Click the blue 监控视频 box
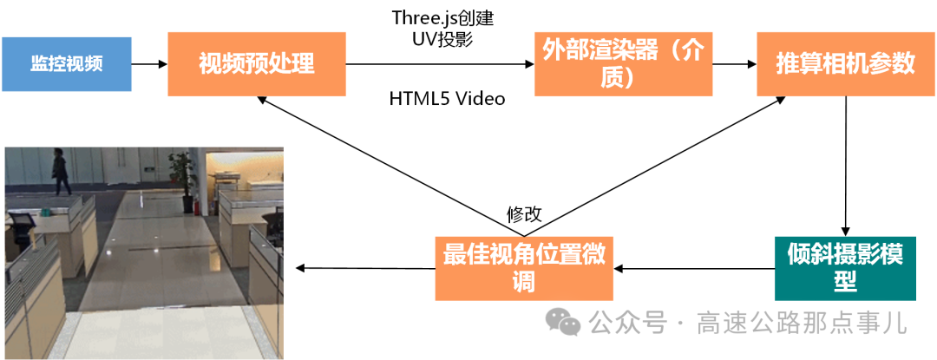coord(67,64)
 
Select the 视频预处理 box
coord(257,64)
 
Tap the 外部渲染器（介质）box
coord(623,64)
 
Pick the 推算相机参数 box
coord(844,64)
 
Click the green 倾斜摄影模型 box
coord(845,268)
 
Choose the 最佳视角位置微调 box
coord(523,268)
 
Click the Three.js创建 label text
coord(443,17)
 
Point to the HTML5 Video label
coord(446,98)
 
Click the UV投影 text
coord(444,38)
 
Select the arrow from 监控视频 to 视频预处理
coord(149,64)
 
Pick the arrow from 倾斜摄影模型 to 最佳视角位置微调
coord(694,268)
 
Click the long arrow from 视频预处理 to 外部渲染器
coord(439,64)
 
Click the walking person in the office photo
coord(60,172)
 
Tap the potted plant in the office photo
coord(182,173)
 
